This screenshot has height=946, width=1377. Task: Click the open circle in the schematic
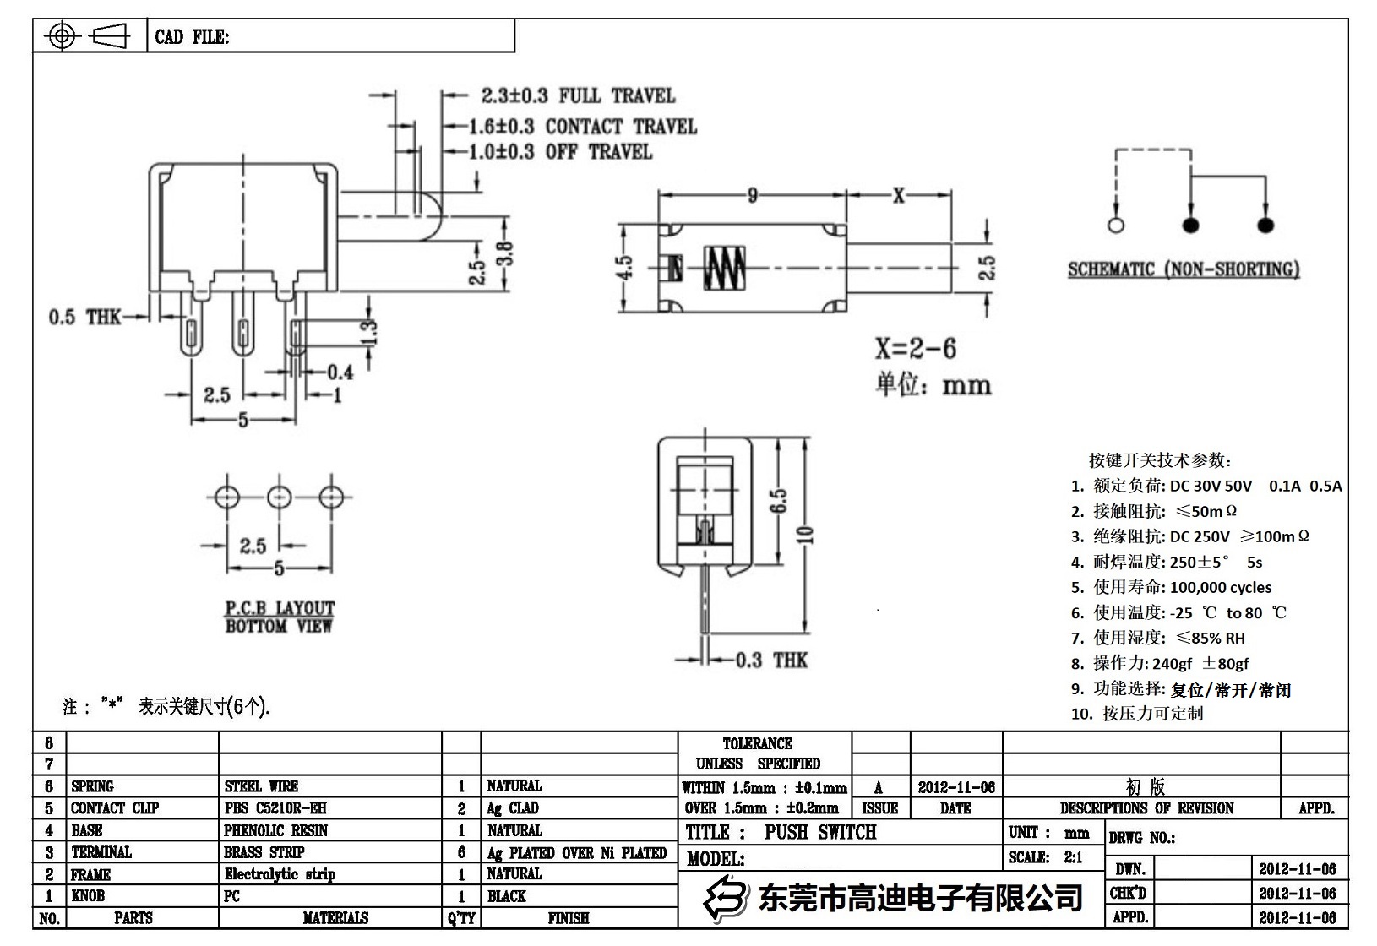point(1115,226)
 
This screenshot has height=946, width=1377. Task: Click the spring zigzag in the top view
point(726,268)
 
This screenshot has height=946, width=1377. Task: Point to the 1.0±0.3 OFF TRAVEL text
point(561,152)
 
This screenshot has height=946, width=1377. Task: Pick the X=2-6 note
point(915,348)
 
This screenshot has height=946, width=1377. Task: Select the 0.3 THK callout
point(771,660)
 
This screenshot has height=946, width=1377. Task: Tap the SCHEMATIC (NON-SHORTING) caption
point(1184,269)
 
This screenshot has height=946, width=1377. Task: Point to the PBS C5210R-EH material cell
point(275,808)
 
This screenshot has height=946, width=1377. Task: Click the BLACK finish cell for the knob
point(506,896)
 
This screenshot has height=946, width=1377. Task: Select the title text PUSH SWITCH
point(820,833)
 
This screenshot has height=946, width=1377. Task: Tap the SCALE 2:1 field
point(1045,857)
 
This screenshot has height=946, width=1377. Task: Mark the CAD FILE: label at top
point(192,37)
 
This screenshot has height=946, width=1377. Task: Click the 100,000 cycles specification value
point(1221,587)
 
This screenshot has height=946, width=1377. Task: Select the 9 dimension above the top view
point(752,196)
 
